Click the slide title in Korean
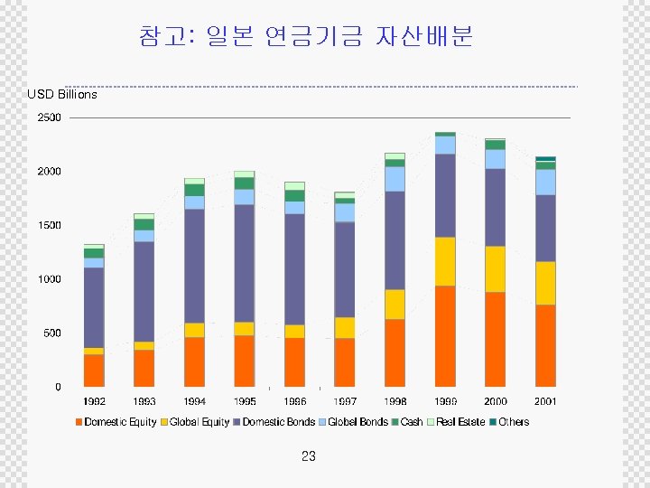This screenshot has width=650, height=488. pyautogui.click(x=306, y=36)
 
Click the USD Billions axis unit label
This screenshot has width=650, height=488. pyautogui.click(x=62, y=94)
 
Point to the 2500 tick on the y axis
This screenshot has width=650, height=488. pyautogui.click(x=49, y=118)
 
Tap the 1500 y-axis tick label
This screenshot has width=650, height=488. pyautogui.click(x=49, y=225)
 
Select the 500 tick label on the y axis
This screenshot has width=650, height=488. pyautogui.click(x=51, y=333)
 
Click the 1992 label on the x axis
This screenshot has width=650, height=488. pyautogui.click(x=94, y=401)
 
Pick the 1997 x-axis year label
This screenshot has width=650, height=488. pyautogui.click(x=345, y=401)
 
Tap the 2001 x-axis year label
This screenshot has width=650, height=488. pyautogui.click(x=545, y=401)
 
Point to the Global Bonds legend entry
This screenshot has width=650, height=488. pyautogui.click(x=357, y=422)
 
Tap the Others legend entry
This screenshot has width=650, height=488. pyautogui.click(x=513, y=422)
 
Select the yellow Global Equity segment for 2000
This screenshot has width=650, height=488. pyautogui.click(x=495, y=268)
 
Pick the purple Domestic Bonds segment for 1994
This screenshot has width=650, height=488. pyautogui.click(x=194, y=266)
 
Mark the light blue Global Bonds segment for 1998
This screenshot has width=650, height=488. pyautogui.click(x=395, y=178)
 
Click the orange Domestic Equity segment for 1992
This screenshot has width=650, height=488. pyautogui.click(x=94, y=371)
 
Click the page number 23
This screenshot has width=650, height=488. pyautogui.click(x=309, y=456)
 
